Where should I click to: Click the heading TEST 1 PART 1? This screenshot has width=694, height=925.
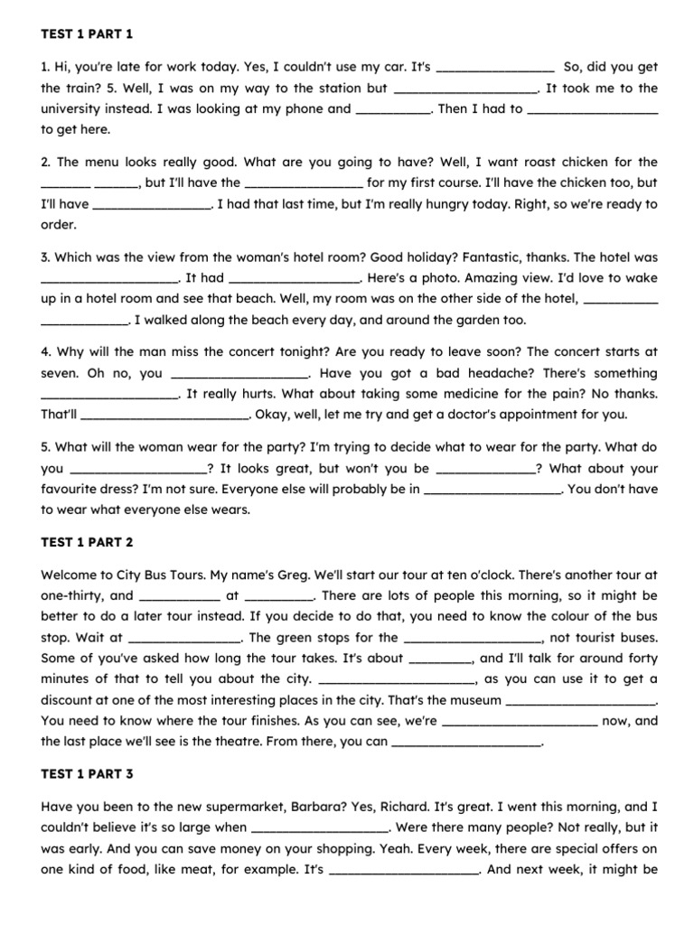pos(87,34)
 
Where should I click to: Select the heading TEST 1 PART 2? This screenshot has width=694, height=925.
pos(88,542)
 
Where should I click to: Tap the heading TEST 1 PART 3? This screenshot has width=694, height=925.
pos(88,774)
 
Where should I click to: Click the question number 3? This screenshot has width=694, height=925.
pos(46,257)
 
